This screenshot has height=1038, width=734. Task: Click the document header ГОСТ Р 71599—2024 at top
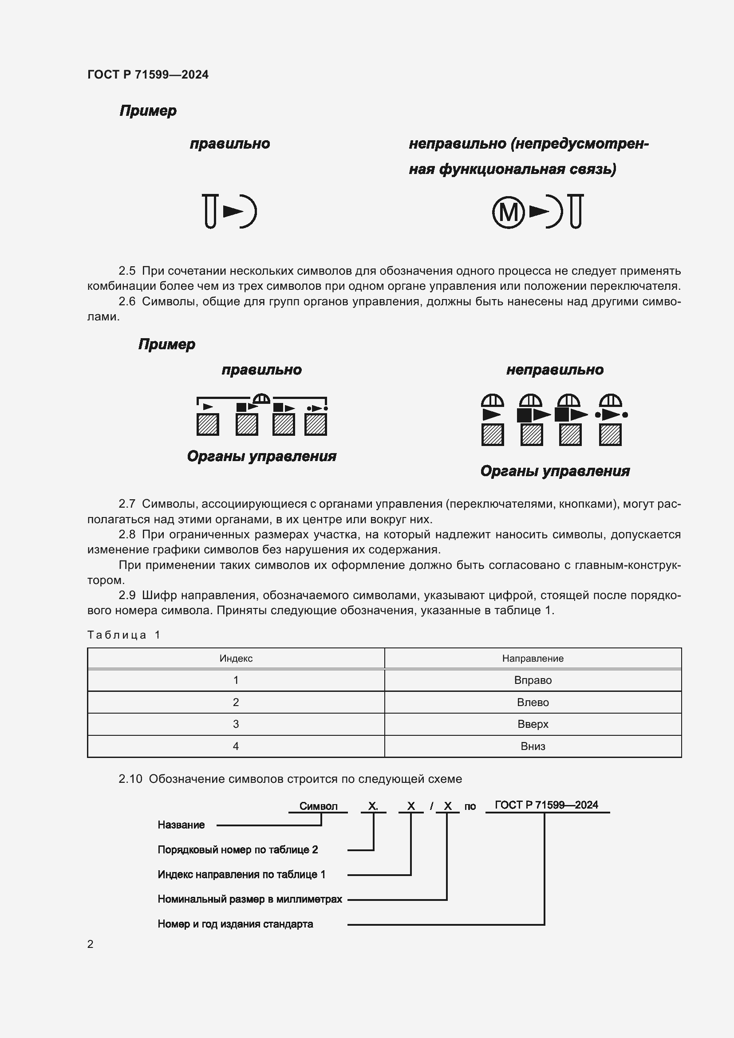148,75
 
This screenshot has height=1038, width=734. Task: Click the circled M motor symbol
509,212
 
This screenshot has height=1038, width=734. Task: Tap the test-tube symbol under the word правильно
210,211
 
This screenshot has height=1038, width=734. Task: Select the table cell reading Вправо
533,680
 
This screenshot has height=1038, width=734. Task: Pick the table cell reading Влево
533,702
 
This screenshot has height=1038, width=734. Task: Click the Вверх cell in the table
533,724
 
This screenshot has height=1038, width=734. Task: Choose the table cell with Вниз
533,746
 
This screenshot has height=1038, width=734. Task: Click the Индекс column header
236,658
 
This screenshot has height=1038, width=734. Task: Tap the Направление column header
533,658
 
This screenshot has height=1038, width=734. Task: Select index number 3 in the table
236,724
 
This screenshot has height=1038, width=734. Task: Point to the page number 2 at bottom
91,944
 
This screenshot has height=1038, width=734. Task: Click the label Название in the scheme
181,825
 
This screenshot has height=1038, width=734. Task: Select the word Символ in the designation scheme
318,806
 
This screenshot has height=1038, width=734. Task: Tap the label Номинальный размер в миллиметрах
249,899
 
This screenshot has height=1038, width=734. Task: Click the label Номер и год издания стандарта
235,924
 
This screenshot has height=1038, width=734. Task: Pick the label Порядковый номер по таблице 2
237,849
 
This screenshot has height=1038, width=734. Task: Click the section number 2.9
127,595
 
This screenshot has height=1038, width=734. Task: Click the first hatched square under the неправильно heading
492,435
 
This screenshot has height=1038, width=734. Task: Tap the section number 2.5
127,271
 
